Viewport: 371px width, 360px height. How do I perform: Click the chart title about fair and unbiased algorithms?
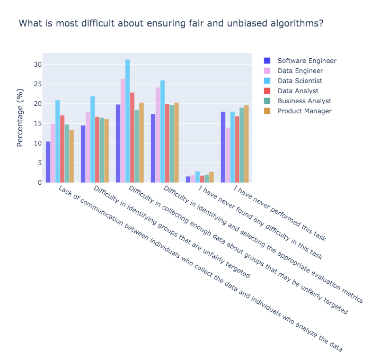coord(171,24)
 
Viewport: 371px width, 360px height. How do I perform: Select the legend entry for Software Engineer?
coord(306,61)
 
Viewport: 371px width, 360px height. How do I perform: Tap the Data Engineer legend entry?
coord(300,71)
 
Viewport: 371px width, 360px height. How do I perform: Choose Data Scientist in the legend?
coord(299,81)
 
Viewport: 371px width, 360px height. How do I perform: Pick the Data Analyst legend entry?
coord(297,91)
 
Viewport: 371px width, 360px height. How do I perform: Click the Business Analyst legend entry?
coord(304,101)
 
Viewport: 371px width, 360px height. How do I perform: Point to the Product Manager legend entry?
coord(304,111)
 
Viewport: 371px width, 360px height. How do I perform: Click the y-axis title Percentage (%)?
coord(20,118)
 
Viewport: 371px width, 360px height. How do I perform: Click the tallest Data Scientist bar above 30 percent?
coord(127,121)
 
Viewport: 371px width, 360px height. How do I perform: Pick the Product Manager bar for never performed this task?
coord(246,144)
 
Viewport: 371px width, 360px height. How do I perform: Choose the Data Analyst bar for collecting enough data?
coord(132,138)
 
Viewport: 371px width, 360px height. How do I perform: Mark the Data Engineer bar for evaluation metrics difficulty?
coord(157,135)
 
